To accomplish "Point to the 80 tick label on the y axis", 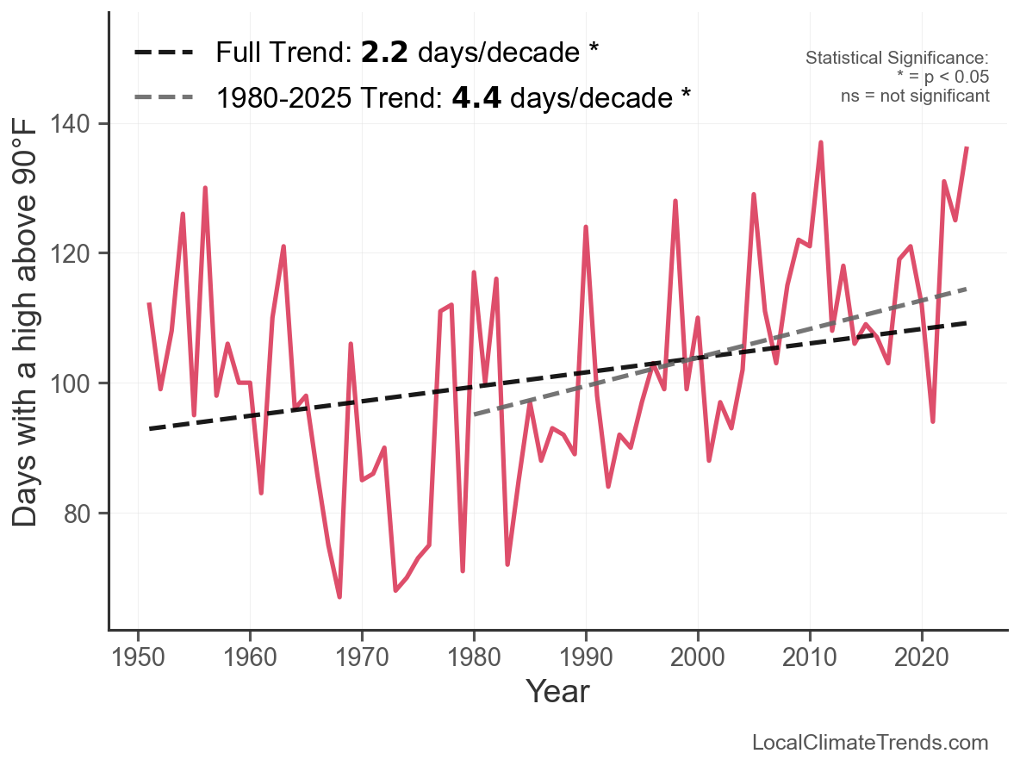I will pyautogui.click(x=80, y=514).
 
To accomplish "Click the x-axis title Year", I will pyautogui.click(x=557, y=691).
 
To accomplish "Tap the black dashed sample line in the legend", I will pyautogui.click(x=165, y=53).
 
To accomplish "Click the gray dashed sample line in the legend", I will pyautogui.click(x=165, y=97).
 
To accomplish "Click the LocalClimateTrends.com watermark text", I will pyautogui.click(x=870, y=743).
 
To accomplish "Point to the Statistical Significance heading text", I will pyautogui.click(x=897, y=59).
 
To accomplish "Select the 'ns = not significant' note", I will pyautogui.click(x=915, y=96).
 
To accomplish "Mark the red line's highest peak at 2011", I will pyautogui.click(x=821, y=142).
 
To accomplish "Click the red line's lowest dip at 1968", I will pyautogui.click(x=339, y=597).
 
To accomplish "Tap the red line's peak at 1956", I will pyautogui.click(x=205, y=188).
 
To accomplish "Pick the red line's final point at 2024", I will pyautogui.click(x=967, y=149).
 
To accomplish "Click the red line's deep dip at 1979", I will pyautogui.click(x=463, y=570).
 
